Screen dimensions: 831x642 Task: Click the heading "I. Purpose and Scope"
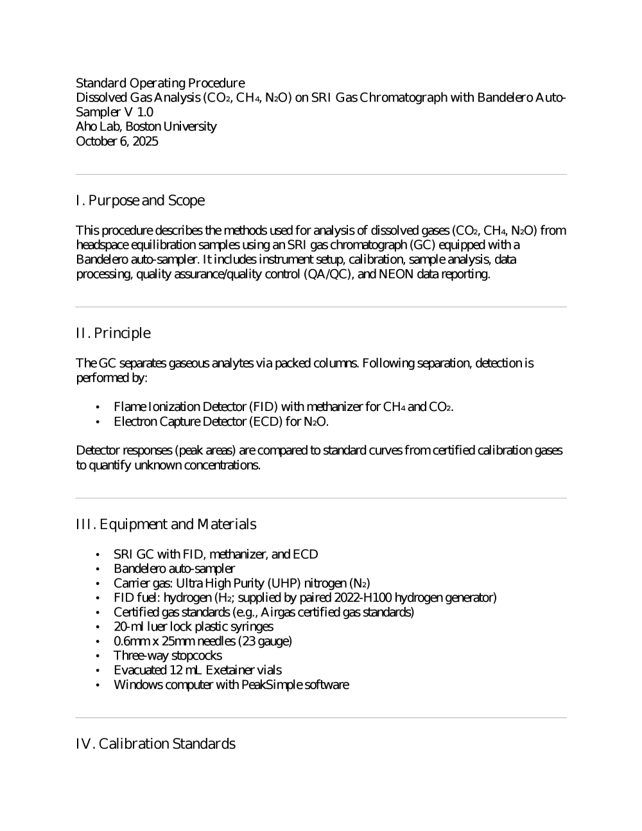point(140,200)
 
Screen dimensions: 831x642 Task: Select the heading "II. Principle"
point(113,333)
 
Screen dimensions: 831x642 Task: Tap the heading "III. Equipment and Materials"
point(166,524)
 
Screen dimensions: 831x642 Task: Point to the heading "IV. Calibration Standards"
point(155,744)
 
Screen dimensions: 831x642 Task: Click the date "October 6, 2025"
point(117,141)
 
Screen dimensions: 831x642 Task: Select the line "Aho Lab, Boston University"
point(146,127)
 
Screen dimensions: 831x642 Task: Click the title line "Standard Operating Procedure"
point(160,83)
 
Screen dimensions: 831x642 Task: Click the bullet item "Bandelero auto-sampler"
point(174,568)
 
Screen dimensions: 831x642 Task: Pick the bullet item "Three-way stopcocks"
point(168,656)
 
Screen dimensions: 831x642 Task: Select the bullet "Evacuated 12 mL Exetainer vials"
point(197,670)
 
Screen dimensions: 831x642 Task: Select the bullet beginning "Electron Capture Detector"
point(221,422)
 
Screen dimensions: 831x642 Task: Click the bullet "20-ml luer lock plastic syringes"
point(193,627)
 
